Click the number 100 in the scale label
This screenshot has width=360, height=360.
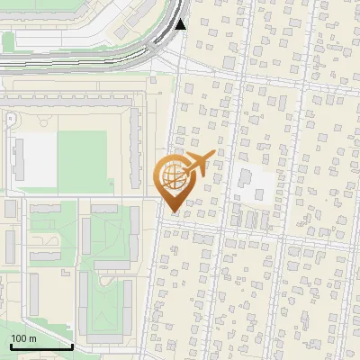coord(20,338)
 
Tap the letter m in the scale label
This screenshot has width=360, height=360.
coord(32,338)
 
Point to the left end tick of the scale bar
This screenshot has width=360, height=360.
coord(10,346)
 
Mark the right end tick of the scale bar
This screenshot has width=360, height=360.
coord(72,346)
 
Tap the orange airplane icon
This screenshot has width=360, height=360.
coord(198,164)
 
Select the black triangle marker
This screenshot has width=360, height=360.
coord(181,24)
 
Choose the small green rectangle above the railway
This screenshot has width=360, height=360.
coord(8,41)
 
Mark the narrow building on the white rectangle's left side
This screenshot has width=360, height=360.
coord(17,158)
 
